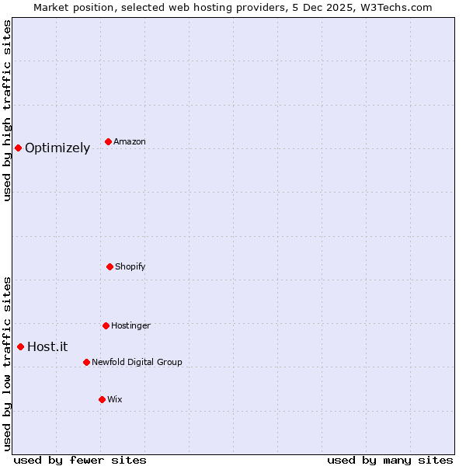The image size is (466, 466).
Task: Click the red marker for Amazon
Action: click(x=108, y=141)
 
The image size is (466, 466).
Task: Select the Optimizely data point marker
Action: click(x=18, y=148)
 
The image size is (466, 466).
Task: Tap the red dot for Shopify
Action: click(x=110, y=266)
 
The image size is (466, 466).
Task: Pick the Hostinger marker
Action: click(x=106, y=325)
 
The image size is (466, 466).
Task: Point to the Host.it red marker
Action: click(x=21, y=346)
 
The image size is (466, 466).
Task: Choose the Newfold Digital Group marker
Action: click(x=86, y=362)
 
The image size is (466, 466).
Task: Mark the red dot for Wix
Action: click(x=102, y=399)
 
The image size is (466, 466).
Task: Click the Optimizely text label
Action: click(x=57, y=148)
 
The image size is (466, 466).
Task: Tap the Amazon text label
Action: click(x=130, y=142)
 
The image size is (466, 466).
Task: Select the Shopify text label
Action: click(x=130, y=267)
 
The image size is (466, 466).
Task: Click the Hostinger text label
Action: click(x=130, y=326)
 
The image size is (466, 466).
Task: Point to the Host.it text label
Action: click(x=47, y=347)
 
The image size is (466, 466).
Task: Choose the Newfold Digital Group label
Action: click(x=137, y=363)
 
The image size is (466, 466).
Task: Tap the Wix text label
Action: click(x=115, y=400)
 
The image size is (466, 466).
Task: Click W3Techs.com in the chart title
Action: click(x=394, y=7)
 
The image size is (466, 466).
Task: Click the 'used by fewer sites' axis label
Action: click(x=80, y=461)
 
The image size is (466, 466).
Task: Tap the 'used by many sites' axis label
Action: click(x=390, y=461)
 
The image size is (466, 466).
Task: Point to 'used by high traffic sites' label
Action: click(x=8, y=110)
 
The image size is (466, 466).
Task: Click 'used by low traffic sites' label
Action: click(x=8, y=363)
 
